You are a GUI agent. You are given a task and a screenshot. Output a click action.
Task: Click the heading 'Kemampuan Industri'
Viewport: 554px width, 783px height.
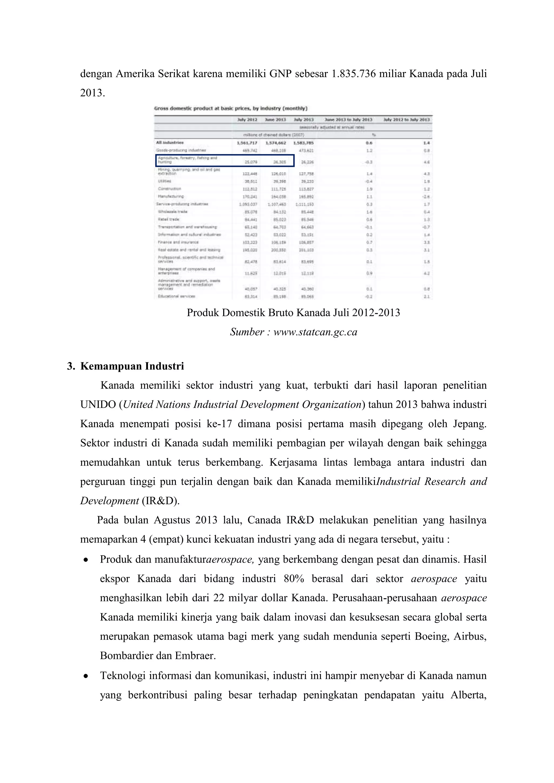[132, 366]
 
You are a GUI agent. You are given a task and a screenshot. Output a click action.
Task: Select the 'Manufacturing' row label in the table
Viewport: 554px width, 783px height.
[171, 197]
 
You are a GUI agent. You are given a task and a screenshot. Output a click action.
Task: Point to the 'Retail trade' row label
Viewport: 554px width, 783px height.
[169, 219]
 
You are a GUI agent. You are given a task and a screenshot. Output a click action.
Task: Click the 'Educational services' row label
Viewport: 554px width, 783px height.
[176, 296]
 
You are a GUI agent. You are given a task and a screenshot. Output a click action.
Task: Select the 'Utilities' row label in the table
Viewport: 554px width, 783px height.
[164, 181]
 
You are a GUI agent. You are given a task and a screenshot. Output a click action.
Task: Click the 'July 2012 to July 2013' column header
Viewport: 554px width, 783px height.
[407, 120]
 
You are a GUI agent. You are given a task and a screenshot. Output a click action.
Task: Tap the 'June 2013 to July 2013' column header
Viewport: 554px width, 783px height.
[348, 120]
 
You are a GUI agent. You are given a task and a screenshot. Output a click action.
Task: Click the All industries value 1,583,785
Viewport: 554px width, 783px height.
[303, 143]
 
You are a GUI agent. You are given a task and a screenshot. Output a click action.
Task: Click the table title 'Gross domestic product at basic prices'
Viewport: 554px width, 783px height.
[230, 108]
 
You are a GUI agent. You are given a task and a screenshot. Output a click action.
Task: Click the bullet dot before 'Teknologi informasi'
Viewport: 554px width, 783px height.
[86, 676]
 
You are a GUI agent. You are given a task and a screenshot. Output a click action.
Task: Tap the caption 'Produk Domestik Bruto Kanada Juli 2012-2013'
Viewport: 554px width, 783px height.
[294, 313]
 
